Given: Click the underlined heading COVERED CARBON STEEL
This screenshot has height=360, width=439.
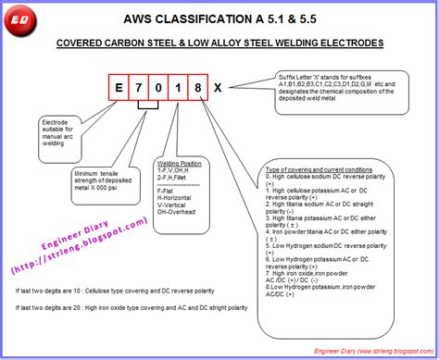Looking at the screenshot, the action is click(219, 43).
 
